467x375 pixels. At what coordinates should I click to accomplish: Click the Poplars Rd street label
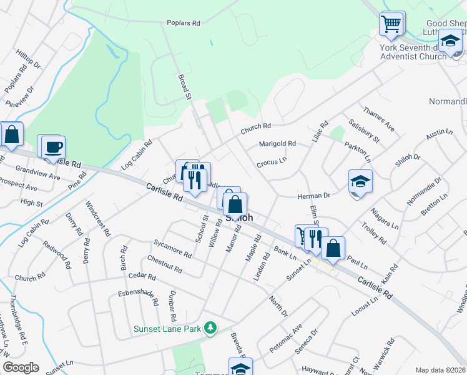click(183, 23)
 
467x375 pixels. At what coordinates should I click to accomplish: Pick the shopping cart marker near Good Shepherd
click(391, 24)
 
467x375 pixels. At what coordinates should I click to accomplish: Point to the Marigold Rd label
click(278, 144)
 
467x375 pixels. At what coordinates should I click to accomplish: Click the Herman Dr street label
click(313, 196)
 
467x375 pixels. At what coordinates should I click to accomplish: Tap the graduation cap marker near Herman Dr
click(361, 181)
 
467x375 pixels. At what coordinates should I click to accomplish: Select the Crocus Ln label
click(271, 161)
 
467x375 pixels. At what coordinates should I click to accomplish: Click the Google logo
click(21, 367)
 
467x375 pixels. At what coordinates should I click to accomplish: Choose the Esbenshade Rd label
click(139, 297)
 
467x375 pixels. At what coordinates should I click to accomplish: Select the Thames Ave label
click(379, 119)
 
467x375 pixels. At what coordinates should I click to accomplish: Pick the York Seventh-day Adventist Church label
click(413, 51)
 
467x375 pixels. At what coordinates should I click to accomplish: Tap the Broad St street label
click(184, 86)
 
